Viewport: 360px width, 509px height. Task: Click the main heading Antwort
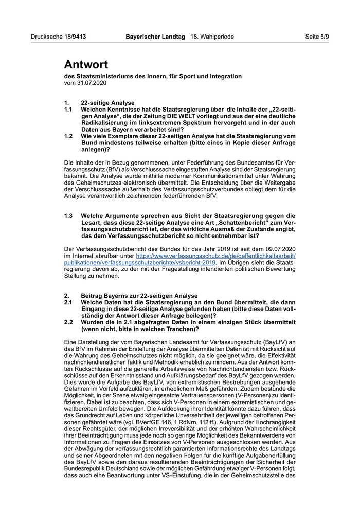(x=86, y=64)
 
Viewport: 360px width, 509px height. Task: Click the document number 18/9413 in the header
(x=73, y=37)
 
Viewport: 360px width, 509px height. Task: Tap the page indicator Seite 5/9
(x=317, y=37)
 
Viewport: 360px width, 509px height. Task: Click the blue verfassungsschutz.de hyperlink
(x=215, y=256)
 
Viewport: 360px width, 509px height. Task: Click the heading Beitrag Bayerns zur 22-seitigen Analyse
(x=139, y=296)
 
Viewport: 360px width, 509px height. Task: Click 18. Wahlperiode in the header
(x=212, y=37)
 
